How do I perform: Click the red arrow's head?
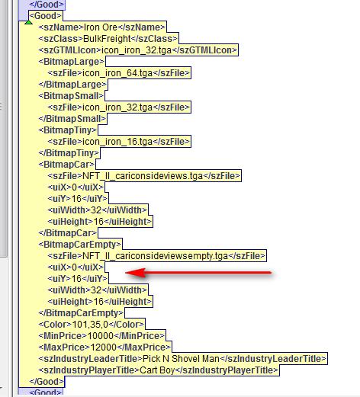coord(135,273)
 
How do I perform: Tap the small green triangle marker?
coord(28,22)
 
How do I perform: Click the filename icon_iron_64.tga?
coord(117,73)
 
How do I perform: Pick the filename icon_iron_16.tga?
coord(117,142)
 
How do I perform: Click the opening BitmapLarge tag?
coord(72,62)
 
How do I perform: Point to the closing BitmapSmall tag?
coord(72,119)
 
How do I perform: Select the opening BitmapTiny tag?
coord(68,130)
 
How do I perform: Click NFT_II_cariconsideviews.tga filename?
coord(143,176)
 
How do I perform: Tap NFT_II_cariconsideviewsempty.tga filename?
coord(156,256)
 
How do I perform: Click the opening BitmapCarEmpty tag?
coord(80,245)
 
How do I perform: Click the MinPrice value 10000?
coord(101,336)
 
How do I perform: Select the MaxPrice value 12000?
coord(104,347)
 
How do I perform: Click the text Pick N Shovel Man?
coord(181,359)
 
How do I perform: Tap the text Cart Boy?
coord(157,370)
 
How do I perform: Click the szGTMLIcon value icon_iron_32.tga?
coord(137,50)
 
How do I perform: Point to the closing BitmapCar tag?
coord(68,233)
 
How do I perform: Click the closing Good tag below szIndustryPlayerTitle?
coord(47,382)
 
